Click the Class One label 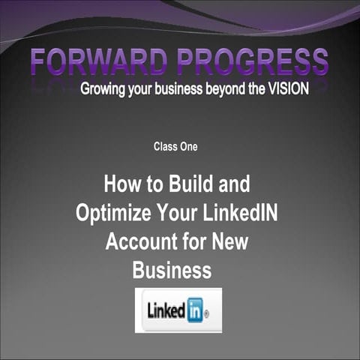tap(175, 146)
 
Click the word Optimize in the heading tap(109, 212)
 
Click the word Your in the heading tap(175, 212)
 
